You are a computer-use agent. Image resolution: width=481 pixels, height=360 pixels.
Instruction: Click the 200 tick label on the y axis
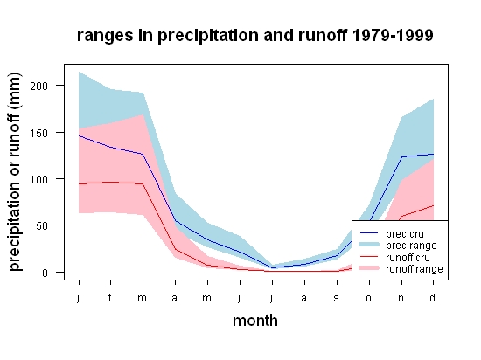pyautogui.click(x=39, y=86)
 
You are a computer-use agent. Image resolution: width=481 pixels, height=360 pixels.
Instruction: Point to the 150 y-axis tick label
pyautogui.click(x=39, y=133)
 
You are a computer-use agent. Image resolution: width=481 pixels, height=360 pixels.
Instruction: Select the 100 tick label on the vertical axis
pyautogui.click(x=39, y=179)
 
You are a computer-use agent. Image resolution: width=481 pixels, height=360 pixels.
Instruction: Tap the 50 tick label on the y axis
pyautogui.click(x=42, y=225)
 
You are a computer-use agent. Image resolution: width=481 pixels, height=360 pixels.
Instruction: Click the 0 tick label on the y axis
pyautogui.click(x=45, y=273)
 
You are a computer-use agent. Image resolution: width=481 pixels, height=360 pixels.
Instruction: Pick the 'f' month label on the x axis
pyautogui.click(x=110, y=297)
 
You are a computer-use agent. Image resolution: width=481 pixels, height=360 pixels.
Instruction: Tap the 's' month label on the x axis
pyautogui.click(x=337, y=298)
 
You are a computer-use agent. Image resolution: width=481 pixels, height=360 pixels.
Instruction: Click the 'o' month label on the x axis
pyautogui.click(x=369, y=298)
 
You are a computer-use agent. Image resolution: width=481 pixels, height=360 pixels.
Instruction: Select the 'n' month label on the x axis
pyautogui.click(x=401, y=298)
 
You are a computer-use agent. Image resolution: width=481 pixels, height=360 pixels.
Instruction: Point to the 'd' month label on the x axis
pyautogui.click(x=433, y=297)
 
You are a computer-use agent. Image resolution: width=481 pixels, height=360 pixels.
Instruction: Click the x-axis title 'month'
pyautogui.click(x=255, y=321)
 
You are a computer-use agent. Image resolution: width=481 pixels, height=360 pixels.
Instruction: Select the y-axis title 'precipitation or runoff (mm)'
pyautogui.click(x=15, y=171)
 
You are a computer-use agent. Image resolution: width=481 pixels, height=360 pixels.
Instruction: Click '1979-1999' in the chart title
pyautogui.click(x=393, y=35)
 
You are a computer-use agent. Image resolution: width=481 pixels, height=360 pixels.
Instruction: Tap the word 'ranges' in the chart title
pyautogui.click(x=105, y=36)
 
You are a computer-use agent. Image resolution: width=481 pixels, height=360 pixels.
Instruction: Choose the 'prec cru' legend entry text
pyautogui.click(x=405, y=234)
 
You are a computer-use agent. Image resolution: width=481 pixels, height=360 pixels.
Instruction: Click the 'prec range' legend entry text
pyautogui.click(x=411, y=246)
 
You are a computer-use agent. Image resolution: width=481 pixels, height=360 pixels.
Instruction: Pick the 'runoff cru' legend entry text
pyautogui.click(x=408, y=258)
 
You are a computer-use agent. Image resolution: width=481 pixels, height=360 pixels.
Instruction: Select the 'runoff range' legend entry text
pyautogui.click(x=415, y=269)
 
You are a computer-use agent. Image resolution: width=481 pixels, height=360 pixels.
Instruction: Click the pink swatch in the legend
pyautogui.click(x=369, y=268)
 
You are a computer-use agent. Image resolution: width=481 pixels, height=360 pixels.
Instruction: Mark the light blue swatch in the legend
pyautogui.click(x=369, y=245)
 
